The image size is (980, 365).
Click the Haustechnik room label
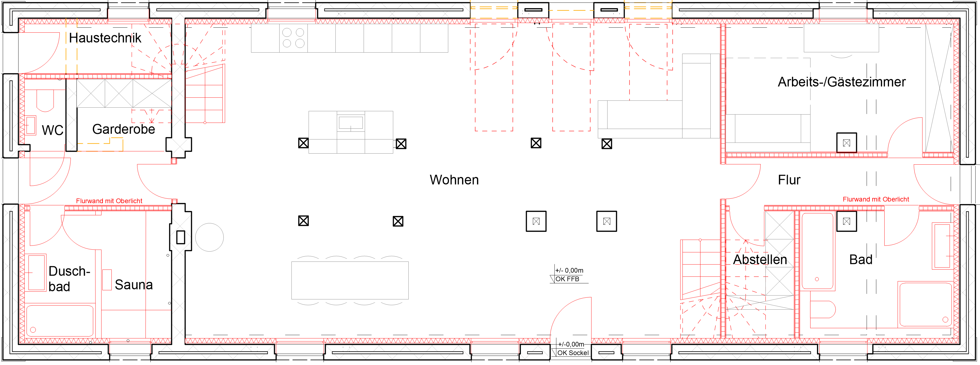point(105,38)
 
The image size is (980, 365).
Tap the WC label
point(53,130)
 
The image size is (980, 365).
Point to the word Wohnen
point(454,180)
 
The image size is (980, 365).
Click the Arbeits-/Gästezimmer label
point(841,82)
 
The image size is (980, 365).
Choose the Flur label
point(789,180)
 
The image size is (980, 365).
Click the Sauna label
point(134,285)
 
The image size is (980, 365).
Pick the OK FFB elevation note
point(567,279)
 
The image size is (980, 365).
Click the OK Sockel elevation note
point(573,353)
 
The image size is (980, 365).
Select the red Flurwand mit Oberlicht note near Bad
point(876,199)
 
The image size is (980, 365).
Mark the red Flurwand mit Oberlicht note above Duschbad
point(109,201)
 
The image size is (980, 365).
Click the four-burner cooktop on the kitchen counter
point(293,38)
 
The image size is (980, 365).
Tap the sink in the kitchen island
point(351,123)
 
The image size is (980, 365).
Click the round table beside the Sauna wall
point(209,237)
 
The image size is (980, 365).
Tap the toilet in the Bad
point(822,309)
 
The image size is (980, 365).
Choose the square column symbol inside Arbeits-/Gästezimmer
point(846,143)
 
